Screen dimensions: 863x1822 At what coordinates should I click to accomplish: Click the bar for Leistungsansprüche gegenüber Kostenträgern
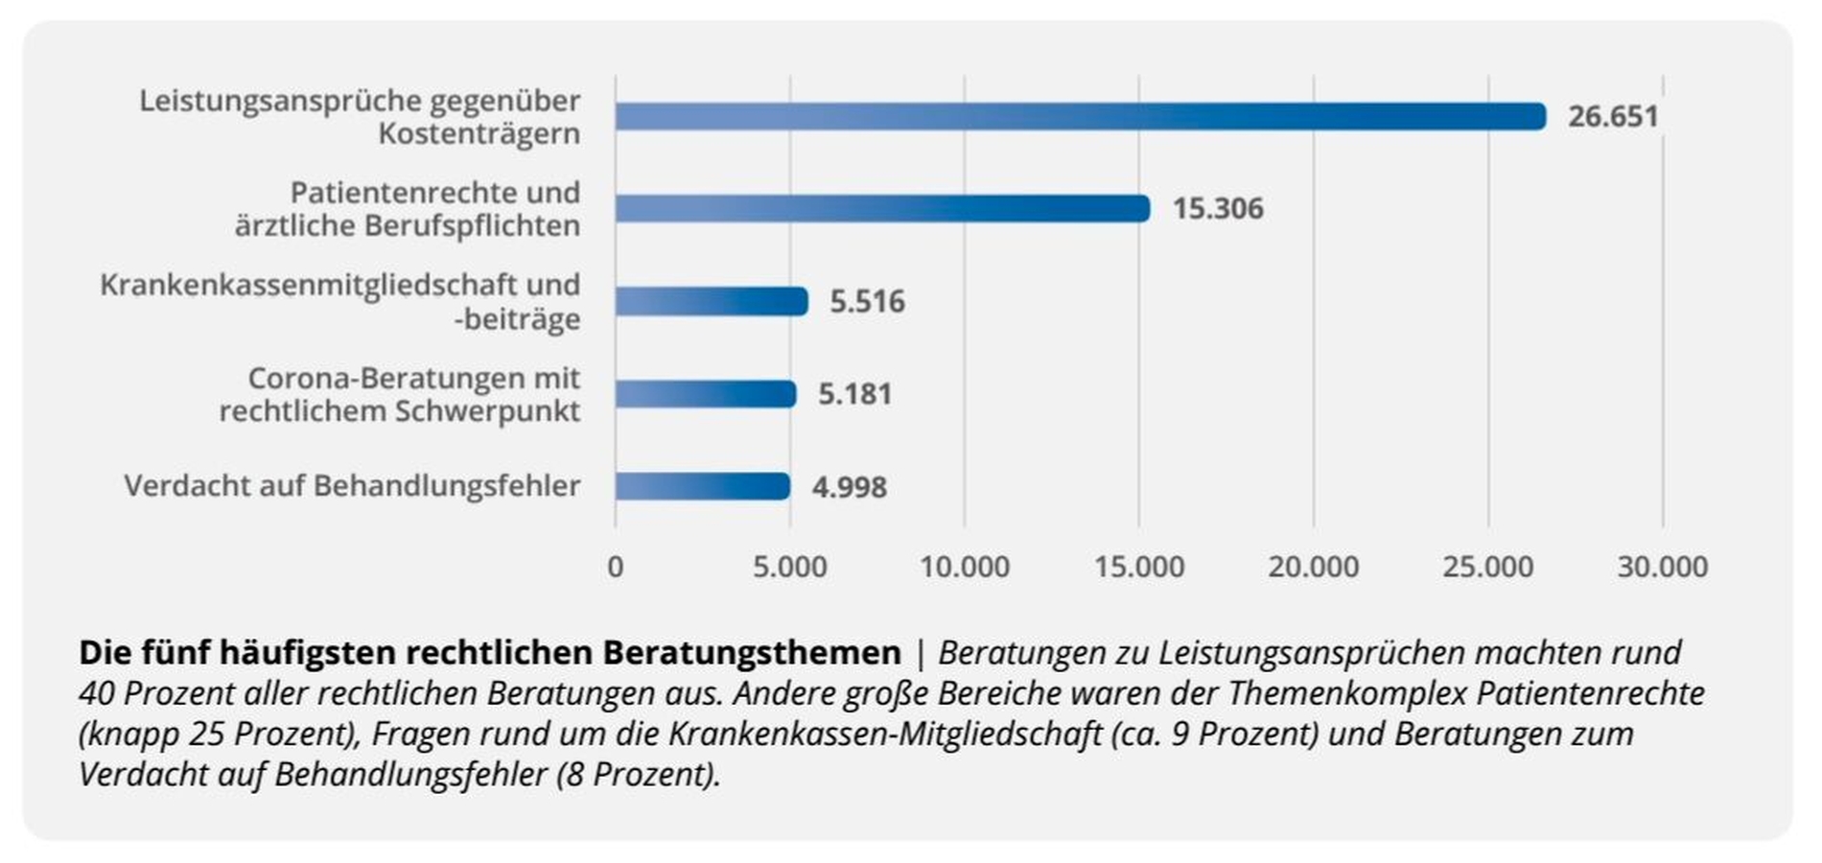click(x=1080, y=117)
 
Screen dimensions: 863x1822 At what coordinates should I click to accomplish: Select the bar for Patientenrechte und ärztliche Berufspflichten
click(x=882, y=208)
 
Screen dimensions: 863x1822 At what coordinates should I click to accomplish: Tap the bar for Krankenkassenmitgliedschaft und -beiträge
click(x=712, y=301)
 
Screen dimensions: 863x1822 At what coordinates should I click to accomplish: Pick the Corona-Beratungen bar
click(x=706, y=394)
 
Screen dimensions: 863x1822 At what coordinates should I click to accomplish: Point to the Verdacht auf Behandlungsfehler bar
click(x=703, y=486)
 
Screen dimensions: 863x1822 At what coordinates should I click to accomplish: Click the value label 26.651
click(x=1613, y=117)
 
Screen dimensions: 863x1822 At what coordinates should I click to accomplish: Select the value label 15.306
click(x=1218, y=208)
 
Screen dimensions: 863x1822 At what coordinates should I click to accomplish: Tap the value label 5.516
click(x=867, y=301)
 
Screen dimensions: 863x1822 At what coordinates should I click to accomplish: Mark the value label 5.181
click(x=854, y=394)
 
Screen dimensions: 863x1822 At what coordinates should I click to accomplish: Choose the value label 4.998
click(x=850, y=487)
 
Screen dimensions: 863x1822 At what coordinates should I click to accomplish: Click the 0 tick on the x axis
click(x=616, y=567)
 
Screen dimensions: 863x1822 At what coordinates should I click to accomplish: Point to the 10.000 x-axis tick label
click(x=965, y=567)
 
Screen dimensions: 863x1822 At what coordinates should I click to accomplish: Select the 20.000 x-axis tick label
click(x=1314, y=567)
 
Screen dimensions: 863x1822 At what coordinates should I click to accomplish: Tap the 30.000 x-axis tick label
click(x=1663, y=567)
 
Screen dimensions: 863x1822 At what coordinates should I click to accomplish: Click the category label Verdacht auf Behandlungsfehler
click(x=352, y=486)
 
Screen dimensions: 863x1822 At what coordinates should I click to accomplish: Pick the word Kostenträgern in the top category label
click(x=479, y=133)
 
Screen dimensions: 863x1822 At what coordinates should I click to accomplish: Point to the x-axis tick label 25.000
click(x=1488, y=567)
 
